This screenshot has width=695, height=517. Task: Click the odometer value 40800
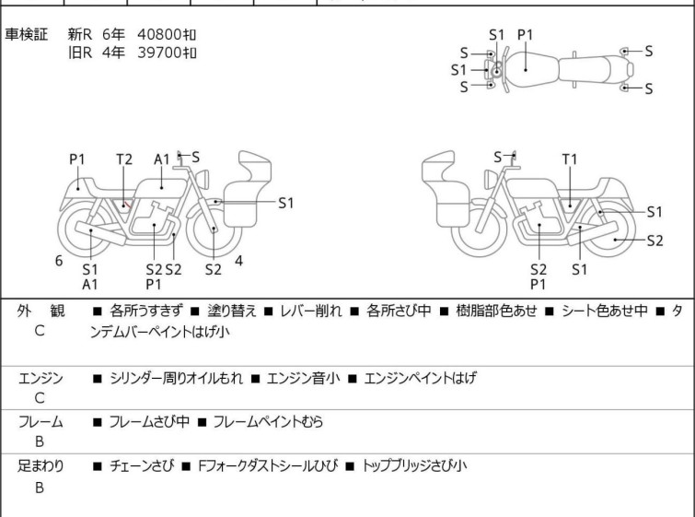[x=158, y=34]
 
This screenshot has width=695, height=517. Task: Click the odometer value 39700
[x=158, y=53]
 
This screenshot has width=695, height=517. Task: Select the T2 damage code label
[x=124, y=159]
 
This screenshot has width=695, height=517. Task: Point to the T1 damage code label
[x=570, y=159]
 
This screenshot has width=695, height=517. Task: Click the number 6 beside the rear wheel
[x=59, y=261]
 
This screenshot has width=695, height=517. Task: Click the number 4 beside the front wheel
[x=238, y=261]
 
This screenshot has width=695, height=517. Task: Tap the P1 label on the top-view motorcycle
[x=525, y=35]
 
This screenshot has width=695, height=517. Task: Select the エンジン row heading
[x=41, y=378]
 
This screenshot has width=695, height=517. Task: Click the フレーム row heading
[x=41, y=422]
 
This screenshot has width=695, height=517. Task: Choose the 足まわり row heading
[x=41, y=465]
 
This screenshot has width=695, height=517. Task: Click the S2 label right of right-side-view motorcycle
[x=654, y=241]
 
